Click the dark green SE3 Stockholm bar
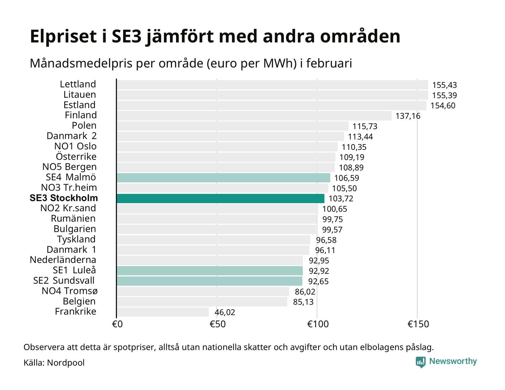click(x=220, y=198)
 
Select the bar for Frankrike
click(x=163, y=312)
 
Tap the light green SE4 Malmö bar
click(x=223, y=178)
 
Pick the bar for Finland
click(x=254, y=116)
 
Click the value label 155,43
click(x=444, y=85)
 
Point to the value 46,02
click(x=225, y=312)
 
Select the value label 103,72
click(x=341, y=199)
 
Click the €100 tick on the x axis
click(x=318, y=324)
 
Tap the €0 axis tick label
click(x=117, y=324)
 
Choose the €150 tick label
click(x=418, y=324)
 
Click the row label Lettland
click(x=78, y=84)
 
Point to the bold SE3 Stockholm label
click(x=64, y=198)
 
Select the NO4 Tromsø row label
click(x=69, y=291)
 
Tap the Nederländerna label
click(x=63, y=260)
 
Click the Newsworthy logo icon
click(x=421, y=362)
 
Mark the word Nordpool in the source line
click(x=66, y=363)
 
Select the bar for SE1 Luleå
click(x=210, y=271)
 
